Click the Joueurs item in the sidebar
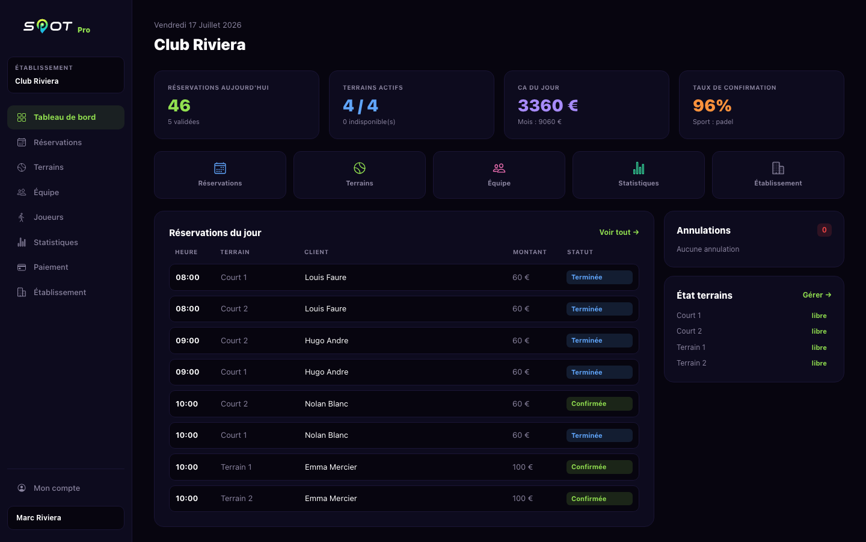click(48, 217)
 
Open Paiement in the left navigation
click(51, 267)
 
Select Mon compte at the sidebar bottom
click(57, 488)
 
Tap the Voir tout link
click(619, 232)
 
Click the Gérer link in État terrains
click(817, 295)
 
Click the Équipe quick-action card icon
click(499, 168)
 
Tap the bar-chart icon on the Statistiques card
click(639, 168)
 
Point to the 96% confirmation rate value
click(712, 105)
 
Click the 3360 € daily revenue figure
click(548, 105)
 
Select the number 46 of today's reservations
click(179, 105)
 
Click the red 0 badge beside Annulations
click(825, 230)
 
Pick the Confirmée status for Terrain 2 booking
click(599, 499)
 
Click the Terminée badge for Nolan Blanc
click(599, 435)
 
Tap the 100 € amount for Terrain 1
click(522, 467)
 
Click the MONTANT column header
click(530, 252)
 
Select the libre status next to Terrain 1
click(819, 347)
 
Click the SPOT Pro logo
click(57, 26)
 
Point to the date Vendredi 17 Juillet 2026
click(197, 25)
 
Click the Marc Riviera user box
click(66, 518)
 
